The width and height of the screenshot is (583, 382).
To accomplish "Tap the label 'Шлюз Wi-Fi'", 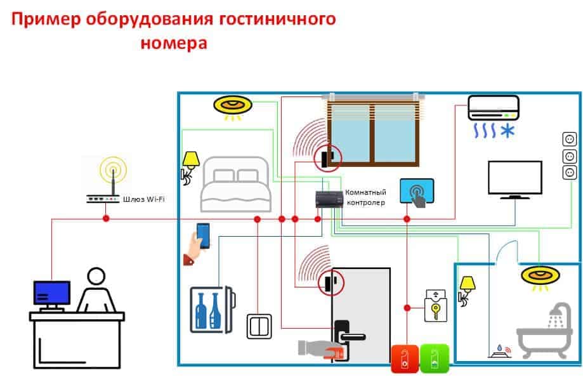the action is click(143, 199).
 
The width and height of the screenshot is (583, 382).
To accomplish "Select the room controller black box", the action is click(329, 199).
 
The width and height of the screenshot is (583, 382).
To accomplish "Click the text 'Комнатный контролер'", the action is click(366, 197).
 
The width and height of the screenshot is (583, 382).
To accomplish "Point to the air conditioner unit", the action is click(494, 108).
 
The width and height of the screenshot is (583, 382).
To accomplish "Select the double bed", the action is click(235, 184).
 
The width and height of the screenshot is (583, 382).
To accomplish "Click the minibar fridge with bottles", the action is click(213, 310).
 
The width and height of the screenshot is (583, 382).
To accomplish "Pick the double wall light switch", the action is click(259, 326).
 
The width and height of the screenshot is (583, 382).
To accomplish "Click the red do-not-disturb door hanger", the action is click(405, 359).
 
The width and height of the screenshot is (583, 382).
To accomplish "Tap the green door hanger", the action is click(434, 359).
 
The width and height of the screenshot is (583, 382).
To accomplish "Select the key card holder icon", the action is click(436, 306).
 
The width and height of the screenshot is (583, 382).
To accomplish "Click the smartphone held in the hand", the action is click(203, 236).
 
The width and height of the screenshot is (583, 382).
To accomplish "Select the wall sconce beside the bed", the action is click(190, 168).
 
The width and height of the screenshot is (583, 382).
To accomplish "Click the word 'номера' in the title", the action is click(174, 43).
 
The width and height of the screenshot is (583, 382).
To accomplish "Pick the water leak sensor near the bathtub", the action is click(500, 352).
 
